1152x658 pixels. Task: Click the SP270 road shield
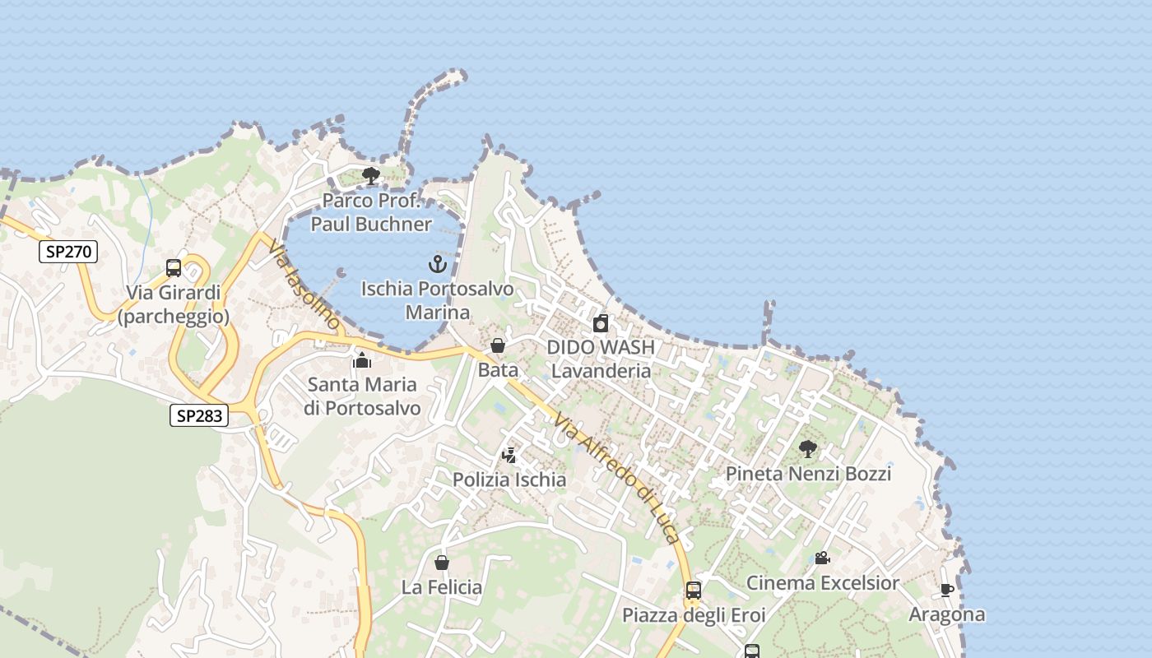pyautogui.click(x=68, y=252)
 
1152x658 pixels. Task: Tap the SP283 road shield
pyautogui.click(x=199, y=415)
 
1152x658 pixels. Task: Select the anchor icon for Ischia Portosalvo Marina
pyautogui.click(x=438, y=264)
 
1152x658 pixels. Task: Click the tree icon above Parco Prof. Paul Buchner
pyautogui.click(x=371, y=176)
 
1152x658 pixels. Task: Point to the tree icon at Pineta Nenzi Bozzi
pyautogui.click(x=808, y=449)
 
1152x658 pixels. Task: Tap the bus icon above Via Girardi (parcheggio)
pyautogui.click(x=174, y=268)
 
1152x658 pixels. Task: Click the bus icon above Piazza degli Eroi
pyautogui.click(x=694, y=590)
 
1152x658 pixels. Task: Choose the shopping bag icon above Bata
pyautogui.click(x=498, y=345)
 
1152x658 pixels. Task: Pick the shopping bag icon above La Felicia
pyautogui.click(x=442, y=563)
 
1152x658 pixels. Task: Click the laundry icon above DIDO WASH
pyautogui.click(x=601, y=323)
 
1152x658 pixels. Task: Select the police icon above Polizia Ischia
pyautogui.click(x=509, y=455)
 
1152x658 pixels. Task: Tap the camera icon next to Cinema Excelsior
pyautogui.click(x=822, y=558)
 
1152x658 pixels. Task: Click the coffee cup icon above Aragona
pyautogui.click(x=946, y=590)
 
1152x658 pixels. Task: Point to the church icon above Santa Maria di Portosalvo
pyautogui.click(x=362, y=360)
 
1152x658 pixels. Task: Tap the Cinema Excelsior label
pyautogui.click(x=822, y=583)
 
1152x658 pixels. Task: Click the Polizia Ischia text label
pyautogui.click(x=509, y=480)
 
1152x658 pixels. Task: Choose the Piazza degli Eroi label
pyautogui.click(x=694, y=615)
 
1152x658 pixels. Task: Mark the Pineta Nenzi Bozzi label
pyautogui.click(x=808, y=474)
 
